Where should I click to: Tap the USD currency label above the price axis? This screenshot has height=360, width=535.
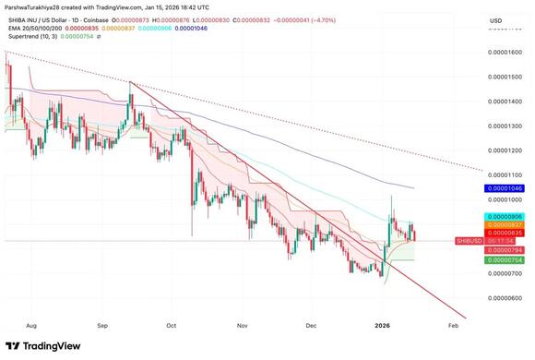coord(495,20)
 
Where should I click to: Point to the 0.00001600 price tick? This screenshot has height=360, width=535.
coord(504,52)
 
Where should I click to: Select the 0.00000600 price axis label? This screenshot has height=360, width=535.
coord(504,297)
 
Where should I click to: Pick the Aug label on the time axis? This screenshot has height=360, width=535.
coord(30,325)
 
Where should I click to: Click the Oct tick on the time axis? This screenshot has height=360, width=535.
coord(172,325)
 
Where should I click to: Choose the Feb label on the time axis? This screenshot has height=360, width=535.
coord(452,325)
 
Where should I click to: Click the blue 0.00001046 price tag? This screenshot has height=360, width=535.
coord(504,187)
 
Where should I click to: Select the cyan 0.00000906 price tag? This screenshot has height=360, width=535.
coord(504,216)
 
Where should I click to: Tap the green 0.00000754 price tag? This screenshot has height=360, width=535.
coord(504,260)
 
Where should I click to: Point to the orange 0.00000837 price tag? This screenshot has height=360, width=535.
coord(504,224)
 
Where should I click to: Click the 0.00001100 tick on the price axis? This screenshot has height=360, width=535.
coord(504,174)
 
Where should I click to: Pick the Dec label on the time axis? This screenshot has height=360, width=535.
coord(311,325)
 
